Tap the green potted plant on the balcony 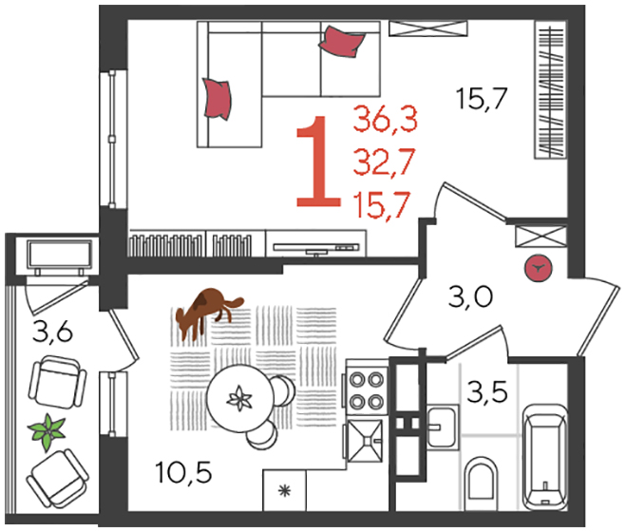pyautogui.click(x=47, y=431)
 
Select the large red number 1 pyautogui.click(x=318, y=161)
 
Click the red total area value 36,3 pyautogui.click(x=386, y=118)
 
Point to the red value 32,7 pyautogui.click(x=385, y=161)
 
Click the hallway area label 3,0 pyautogui.click(x=470, y=297)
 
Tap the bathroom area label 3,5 pyautogui.click(x=487, y=391)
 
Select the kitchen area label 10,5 pyautogui.click(x=183, y=472)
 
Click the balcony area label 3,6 pyautogui.click(x=52, y=332)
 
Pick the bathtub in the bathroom pyautogui.click(x=545, y=458)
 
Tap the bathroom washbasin pyautogui.click(x=443, y=427)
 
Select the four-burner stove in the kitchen pyautogui.click(x=367, y=389)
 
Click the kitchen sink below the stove pyautogui.click(x=364, y=441)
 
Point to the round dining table pyautogui.click(x=240, y=399)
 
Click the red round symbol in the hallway pyautogui.click(x=539, y=269)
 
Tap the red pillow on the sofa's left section pyautogui.click(x=217, y=98)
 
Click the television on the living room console pyautogui.click(x=316, y=248)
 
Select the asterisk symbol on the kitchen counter pyautogui.click(x=284, y=490)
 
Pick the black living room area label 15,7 pyautogui.click(x=482, y=98)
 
